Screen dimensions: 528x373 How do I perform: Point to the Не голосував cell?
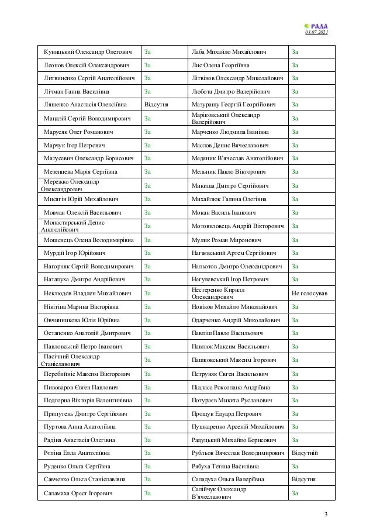point(309,293)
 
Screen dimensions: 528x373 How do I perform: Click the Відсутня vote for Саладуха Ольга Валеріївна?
point(303,479)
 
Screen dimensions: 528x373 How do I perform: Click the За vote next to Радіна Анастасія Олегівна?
point(148,440)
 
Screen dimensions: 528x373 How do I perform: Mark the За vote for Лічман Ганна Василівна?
point(148,92)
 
